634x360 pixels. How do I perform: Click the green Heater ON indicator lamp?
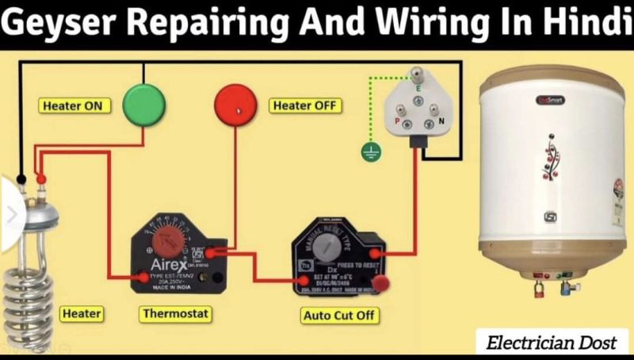tap(143, 105)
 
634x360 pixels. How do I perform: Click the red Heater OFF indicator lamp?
tap(236, 105)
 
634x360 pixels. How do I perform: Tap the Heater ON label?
tap(72, 105)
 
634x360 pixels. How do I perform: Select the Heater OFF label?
tap(305, 105)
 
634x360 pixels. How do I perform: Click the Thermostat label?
tap(176, 314)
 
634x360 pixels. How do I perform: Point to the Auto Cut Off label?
tap(341, 316)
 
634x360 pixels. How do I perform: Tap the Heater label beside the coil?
tap(81, 314)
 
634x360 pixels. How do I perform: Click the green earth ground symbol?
tap(369, 151)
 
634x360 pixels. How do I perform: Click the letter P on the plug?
tap(396, 120)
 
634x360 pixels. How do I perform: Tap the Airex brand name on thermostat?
tap(170, 263)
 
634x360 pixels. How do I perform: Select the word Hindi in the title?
tap(582, 25)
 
